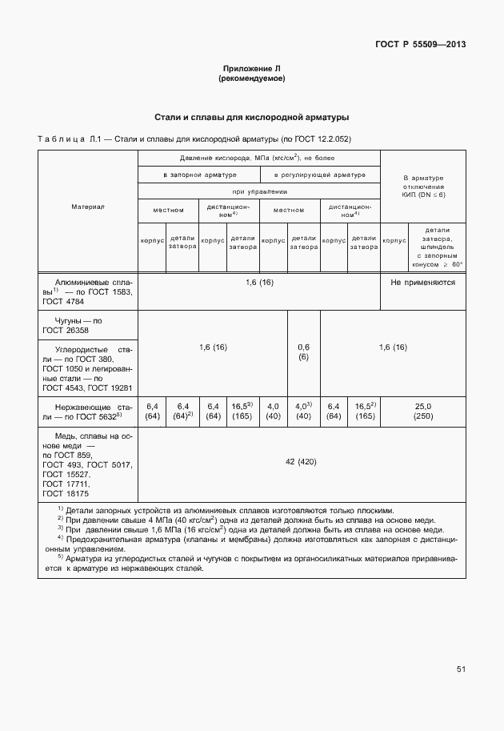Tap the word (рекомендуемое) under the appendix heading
click(x=251, y=79)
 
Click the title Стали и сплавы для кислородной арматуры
click(x=251, y=117)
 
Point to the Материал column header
click(x=88, y=207)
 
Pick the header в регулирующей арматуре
click(x=319, y=175)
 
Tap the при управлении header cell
click(x=259, y=192)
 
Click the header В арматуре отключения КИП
click(x=422, y=185)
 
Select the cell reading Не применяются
click(x=422, y=283)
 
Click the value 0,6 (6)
click(x=304, y=351)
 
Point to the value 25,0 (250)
click(x=422, y=412)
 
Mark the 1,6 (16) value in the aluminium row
click(x=259, y=283)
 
